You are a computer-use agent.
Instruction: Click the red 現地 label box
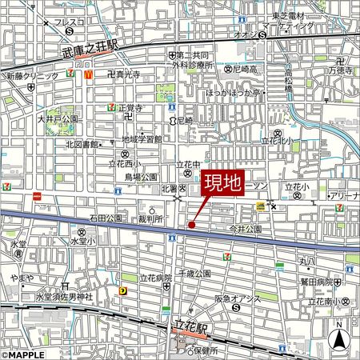pos(222,183)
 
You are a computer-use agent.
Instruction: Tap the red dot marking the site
pos(191,226)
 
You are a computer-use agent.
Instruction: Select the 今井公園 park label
pos(246,228)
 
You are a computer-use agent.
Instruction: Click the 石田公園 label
pos(106,217)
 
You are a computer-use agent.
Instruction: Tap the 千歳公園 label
pos(194,274)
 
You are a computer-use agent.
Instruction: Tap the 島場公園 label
pos(140,177)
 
